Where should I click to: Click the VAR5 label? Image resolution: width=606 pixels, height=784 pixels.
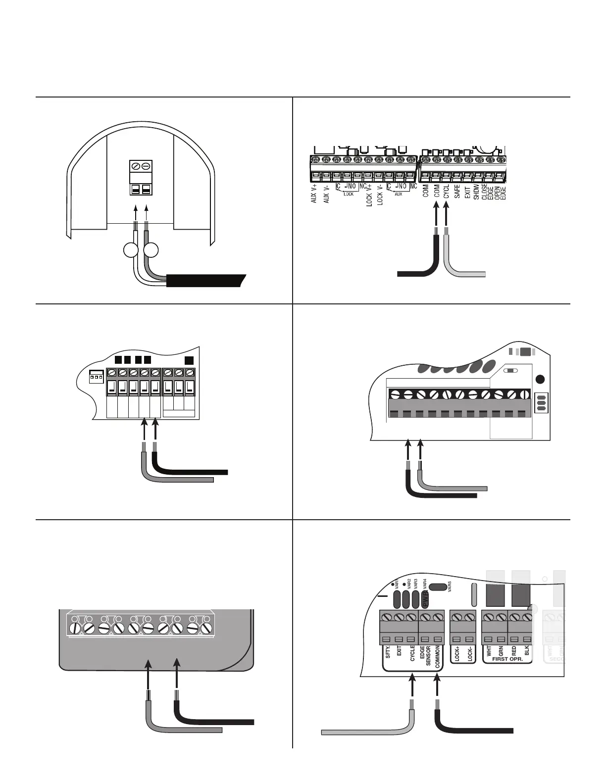coord(450,587)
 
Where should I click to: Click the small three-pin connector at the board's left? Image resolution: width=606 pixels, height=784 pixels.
coord(96,376)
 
